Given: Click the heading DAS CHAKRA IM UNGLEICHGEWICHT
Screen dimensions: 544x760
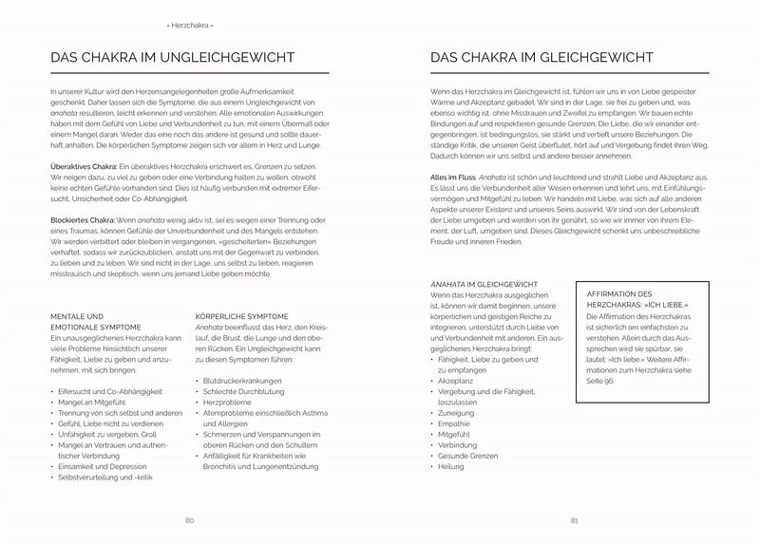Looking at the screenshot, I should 171,58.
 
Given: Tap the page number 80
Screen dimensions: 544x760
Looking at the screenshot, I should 190,520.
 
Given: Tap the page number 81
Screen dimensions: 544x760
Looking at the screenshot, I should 575,520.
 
